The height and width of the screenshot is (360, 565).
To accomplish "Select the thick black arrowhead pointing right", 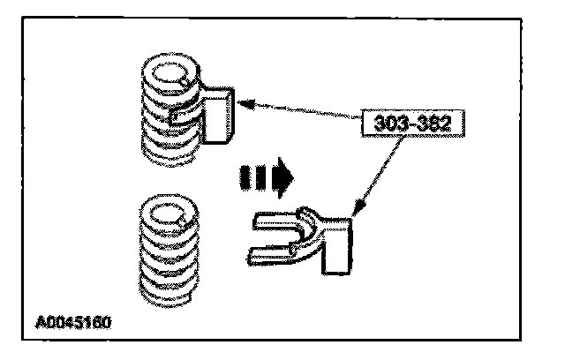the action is coord(283,180).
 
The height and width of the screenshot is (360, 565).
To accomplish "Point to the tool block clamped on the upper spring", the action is coord(216,114).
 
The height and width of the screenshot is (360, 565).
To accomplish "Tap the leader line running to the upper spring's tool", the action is coord(300,110).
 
